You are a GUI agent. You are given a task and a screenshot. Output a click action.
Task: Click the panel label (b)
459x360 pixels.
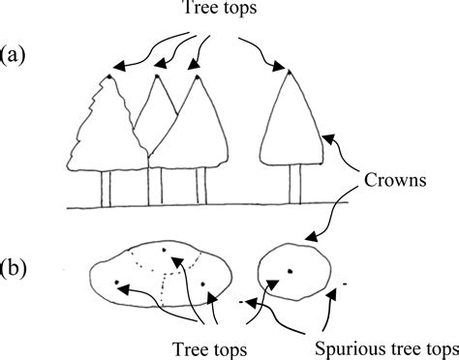point(16,265)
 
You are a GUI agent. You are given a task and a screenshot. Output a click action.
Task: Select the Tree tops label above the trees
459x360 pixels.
point(229,12)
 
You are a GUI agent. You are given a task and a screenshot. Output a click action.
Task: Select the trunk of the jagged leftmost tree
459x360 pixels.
point(108,189)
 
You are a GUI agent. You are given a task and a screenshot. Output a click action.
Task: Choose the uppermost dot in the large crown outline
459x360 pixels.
point(165,251)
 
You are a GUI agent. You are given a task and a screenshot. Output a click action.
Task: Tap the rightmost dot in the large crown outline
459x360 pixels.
point(205,285)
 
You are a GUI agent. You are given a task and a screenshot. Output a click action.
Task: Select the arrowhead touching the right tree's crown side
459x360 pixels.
point(326,140)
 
